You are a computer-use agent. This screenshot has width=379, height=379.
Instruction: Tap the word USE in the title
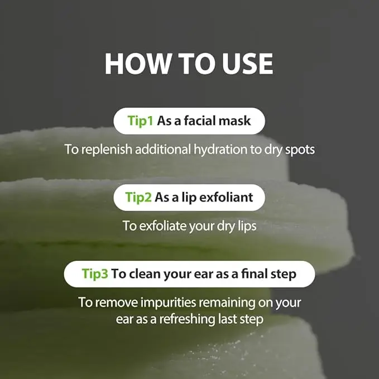[247, 64]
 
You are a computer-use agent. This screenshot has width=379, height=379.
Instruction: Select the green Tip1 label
[140, 121]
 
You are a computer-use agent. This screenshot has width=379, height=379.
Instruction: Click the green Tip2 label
[138, 197]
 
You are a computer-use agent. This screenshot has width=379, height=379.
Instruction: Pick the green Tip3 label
[95, 274]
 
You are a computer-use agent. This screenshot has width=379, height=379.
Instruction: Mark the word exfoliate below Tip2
[163, 226]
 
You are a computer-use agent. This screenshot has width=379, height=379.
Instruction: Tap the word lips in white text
[247, 226]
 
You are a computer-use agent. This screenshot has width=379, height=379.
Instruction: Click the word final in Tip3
[253, 274]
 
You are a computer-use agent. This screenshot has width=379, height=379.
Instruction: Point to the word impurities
[168, 303]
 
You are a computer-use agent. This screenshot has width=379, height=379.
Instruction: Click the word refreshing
[187, 319]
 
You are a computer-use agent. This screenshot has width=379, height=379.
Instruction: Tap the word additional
[163, 149]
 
